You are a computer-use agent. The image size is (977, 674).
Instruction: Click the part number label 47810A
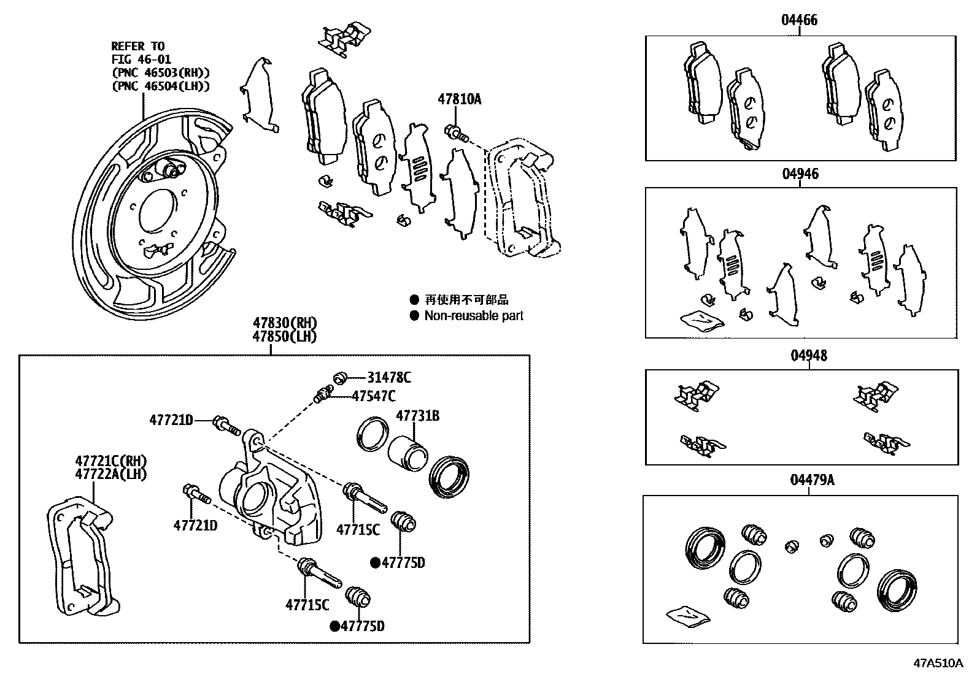click(459, 99)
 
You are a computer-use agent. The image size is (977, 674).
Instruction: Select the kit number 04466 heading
click(799, 20)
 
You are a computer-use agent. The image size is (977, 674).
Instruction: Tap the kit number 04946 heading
click(800, 174)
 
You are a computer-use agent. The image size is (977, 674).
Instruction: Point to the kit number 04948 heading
click(808, 356)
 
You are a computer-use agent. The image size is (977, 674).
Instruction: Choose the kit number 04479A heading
click(811, 480)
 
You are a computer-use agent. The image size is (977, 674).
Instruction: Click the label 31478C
click(389, 378)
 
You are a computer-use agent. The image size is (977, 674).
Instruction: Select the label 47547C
click(373, 396)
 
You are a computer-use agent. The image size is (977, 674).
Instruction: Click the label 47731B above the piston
click(417, 416)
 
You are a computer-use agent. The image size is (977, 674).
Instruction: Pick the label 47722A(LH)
click(110, 473)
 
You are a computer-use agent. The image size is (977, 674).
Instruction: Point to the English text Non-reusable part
click(474, 316)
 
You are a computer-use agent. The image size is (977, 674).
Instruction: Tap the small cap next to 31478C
click(340, 378)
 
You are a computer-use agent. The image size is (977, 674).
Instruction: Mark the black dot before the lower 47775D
click(334, 626)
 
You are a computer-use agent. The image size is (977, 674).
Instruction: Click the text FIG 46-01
click(141, 59)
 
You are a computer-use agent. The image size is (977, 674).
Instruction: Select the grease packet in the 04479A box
click(687, 616)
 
